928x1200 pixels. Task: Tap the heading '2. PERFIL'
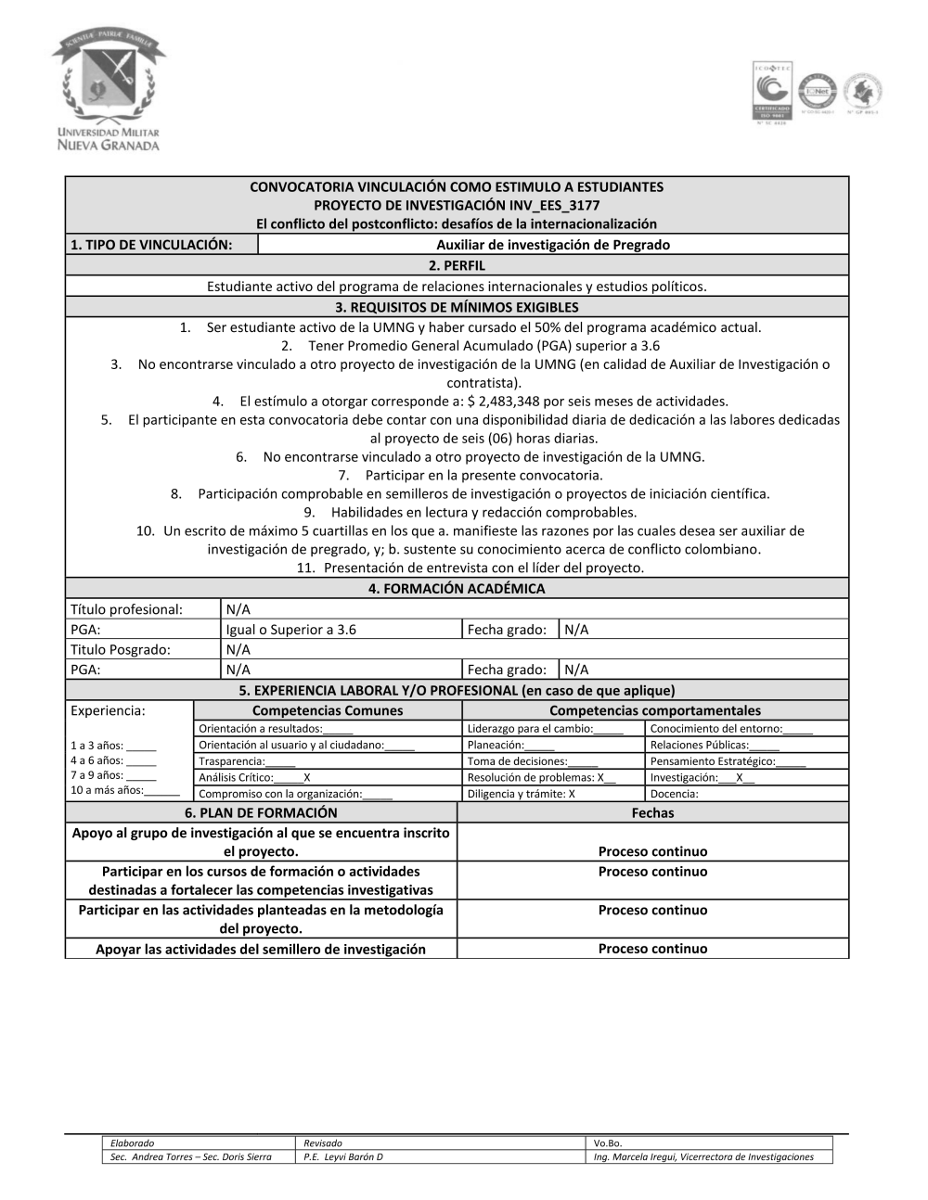click(457, 265)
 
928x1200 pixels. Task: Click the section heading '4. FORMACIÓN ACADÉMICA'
click(457, 588)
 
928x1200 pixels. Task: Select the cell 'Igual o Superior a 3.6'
click(291, 630)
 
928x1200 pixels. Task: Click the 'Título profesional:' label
click(126, 609)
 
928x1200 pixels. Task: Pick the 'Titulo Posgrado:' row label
click(121, 649)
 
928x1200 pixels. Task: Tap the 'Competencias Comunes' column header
click(328, 710)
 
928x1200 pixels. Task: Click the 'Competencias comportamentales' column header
click(654, 710)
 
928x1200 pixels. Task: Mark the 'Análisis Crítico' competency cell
click(254, 778)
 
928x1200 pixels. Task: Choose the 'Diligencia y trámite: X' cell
click(521, 794)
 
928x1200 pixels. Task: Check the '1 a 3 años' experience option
click(113, 746)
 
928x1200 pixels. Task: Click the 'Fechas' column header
click(652, 812)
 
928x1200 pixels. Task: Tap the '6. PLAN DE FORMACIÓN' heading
click(261, 812)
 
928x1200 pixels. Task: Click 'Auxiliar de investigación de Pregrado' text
click(552, 245)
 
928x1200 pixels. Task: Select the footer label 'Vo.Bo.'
click(608, 1143)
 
